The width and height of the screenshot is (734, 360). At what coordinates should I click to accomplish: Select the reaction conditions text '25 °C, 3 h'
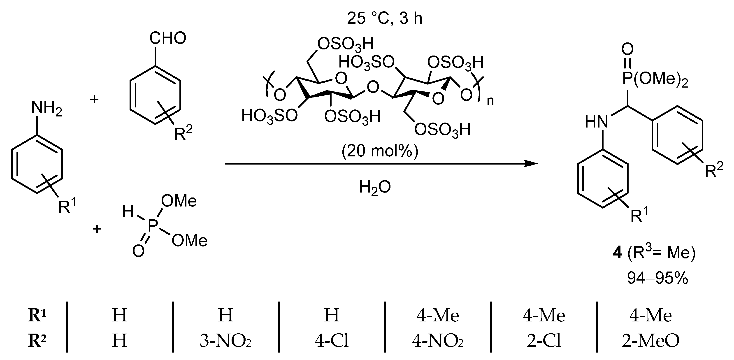pos(384,19)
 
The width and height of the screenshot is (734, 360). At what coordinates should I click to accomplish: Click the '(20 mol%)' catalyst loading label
pos(380,151)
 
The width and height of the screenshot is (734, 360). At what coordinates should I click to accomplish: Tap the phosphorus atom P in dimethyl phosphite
pos(153,227)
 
